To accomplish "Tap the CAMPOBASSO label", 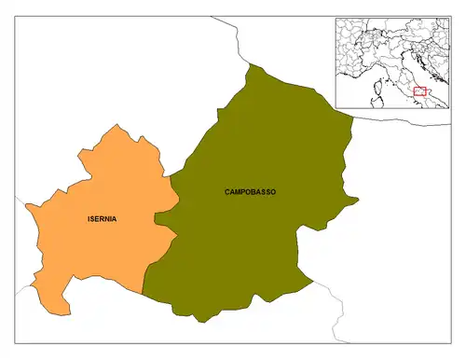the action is (x=250, y=191).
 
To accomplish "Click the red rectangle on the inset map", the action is (x=418, y=91).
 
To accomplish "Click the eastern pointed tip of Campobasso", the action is (x=358, y=199).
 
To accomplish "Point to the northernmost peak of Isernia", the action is (x=116, y=125).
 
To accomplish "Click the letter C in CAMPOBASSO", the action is (x=227, y=191).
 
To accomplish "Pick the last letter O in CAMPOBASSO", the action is (x=273, y=191).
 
